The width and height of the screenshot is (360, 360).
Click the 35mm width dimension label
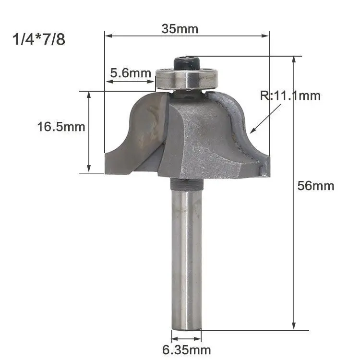point(180,29)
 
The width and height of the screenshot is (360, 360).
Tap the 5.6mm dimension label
point(131,73)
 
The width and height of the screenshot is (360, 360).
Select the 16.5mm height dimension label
point(61,127)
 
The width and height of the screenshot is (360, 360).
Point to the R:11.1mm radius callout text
point(290,96)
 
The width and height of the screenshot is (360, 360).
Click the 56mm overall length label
point(316,185)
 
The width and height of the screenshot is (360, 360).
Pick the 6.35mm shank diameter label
point(186,350)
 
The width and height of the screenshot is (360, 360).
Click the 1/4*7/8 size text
point(39,39)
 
